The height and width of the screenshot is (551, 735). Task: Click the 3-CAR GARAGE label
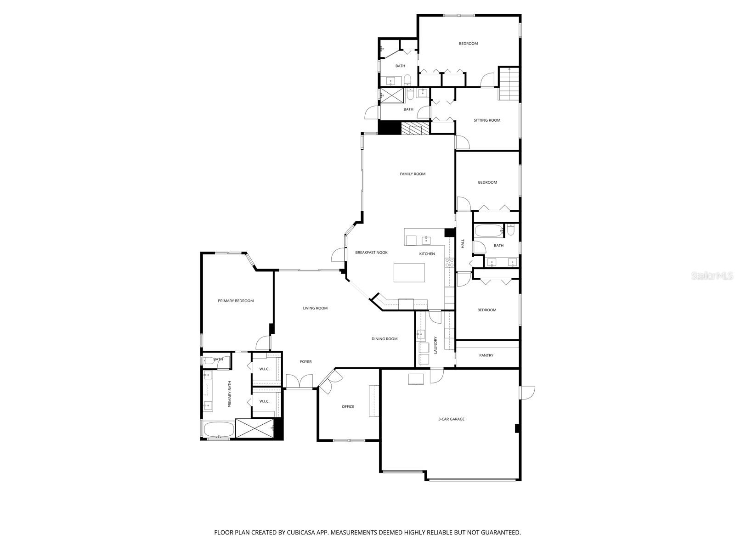tap(451, 419)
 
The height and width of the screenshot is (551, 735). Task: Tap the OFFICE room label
tap(348, 407)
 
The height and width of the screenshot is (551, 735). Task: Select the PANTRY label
tap(486, 355)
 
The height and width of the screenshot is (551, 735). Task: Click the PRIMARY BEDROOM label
tap(236, 301)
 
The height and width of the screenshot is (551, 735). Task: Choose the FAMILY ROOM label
tap(413, 174)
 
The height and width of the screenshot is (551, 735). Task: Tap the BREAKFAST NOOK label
tap(371, 253)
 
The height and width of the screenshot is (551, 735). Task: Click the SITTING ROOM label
tap(487, 120)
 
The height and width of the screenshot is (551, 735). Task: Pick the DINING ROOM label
tap(384, 339)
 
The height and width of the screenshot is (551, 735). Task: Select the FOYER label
tap(305, 362)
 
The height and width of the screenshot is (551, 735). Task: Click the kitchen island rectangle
tap(409, 273)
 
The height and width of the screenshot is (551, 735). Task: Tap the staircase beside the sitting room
tap(509, 84)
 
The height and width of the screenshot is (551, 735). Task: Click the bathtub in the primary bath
tap(219, 430)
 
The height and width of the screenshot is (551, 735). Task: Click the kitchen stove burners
tap(449, 263)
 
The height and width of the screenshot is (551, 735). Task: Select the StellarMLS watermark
tap(715, 276)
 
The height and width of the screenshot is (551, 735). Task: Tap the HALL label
tap(463, 244)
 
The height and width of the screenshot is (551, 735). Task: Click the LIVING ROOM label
tap(315, 308)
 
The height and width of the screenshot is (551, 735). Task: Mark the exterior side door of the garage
tap(527, 393)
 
